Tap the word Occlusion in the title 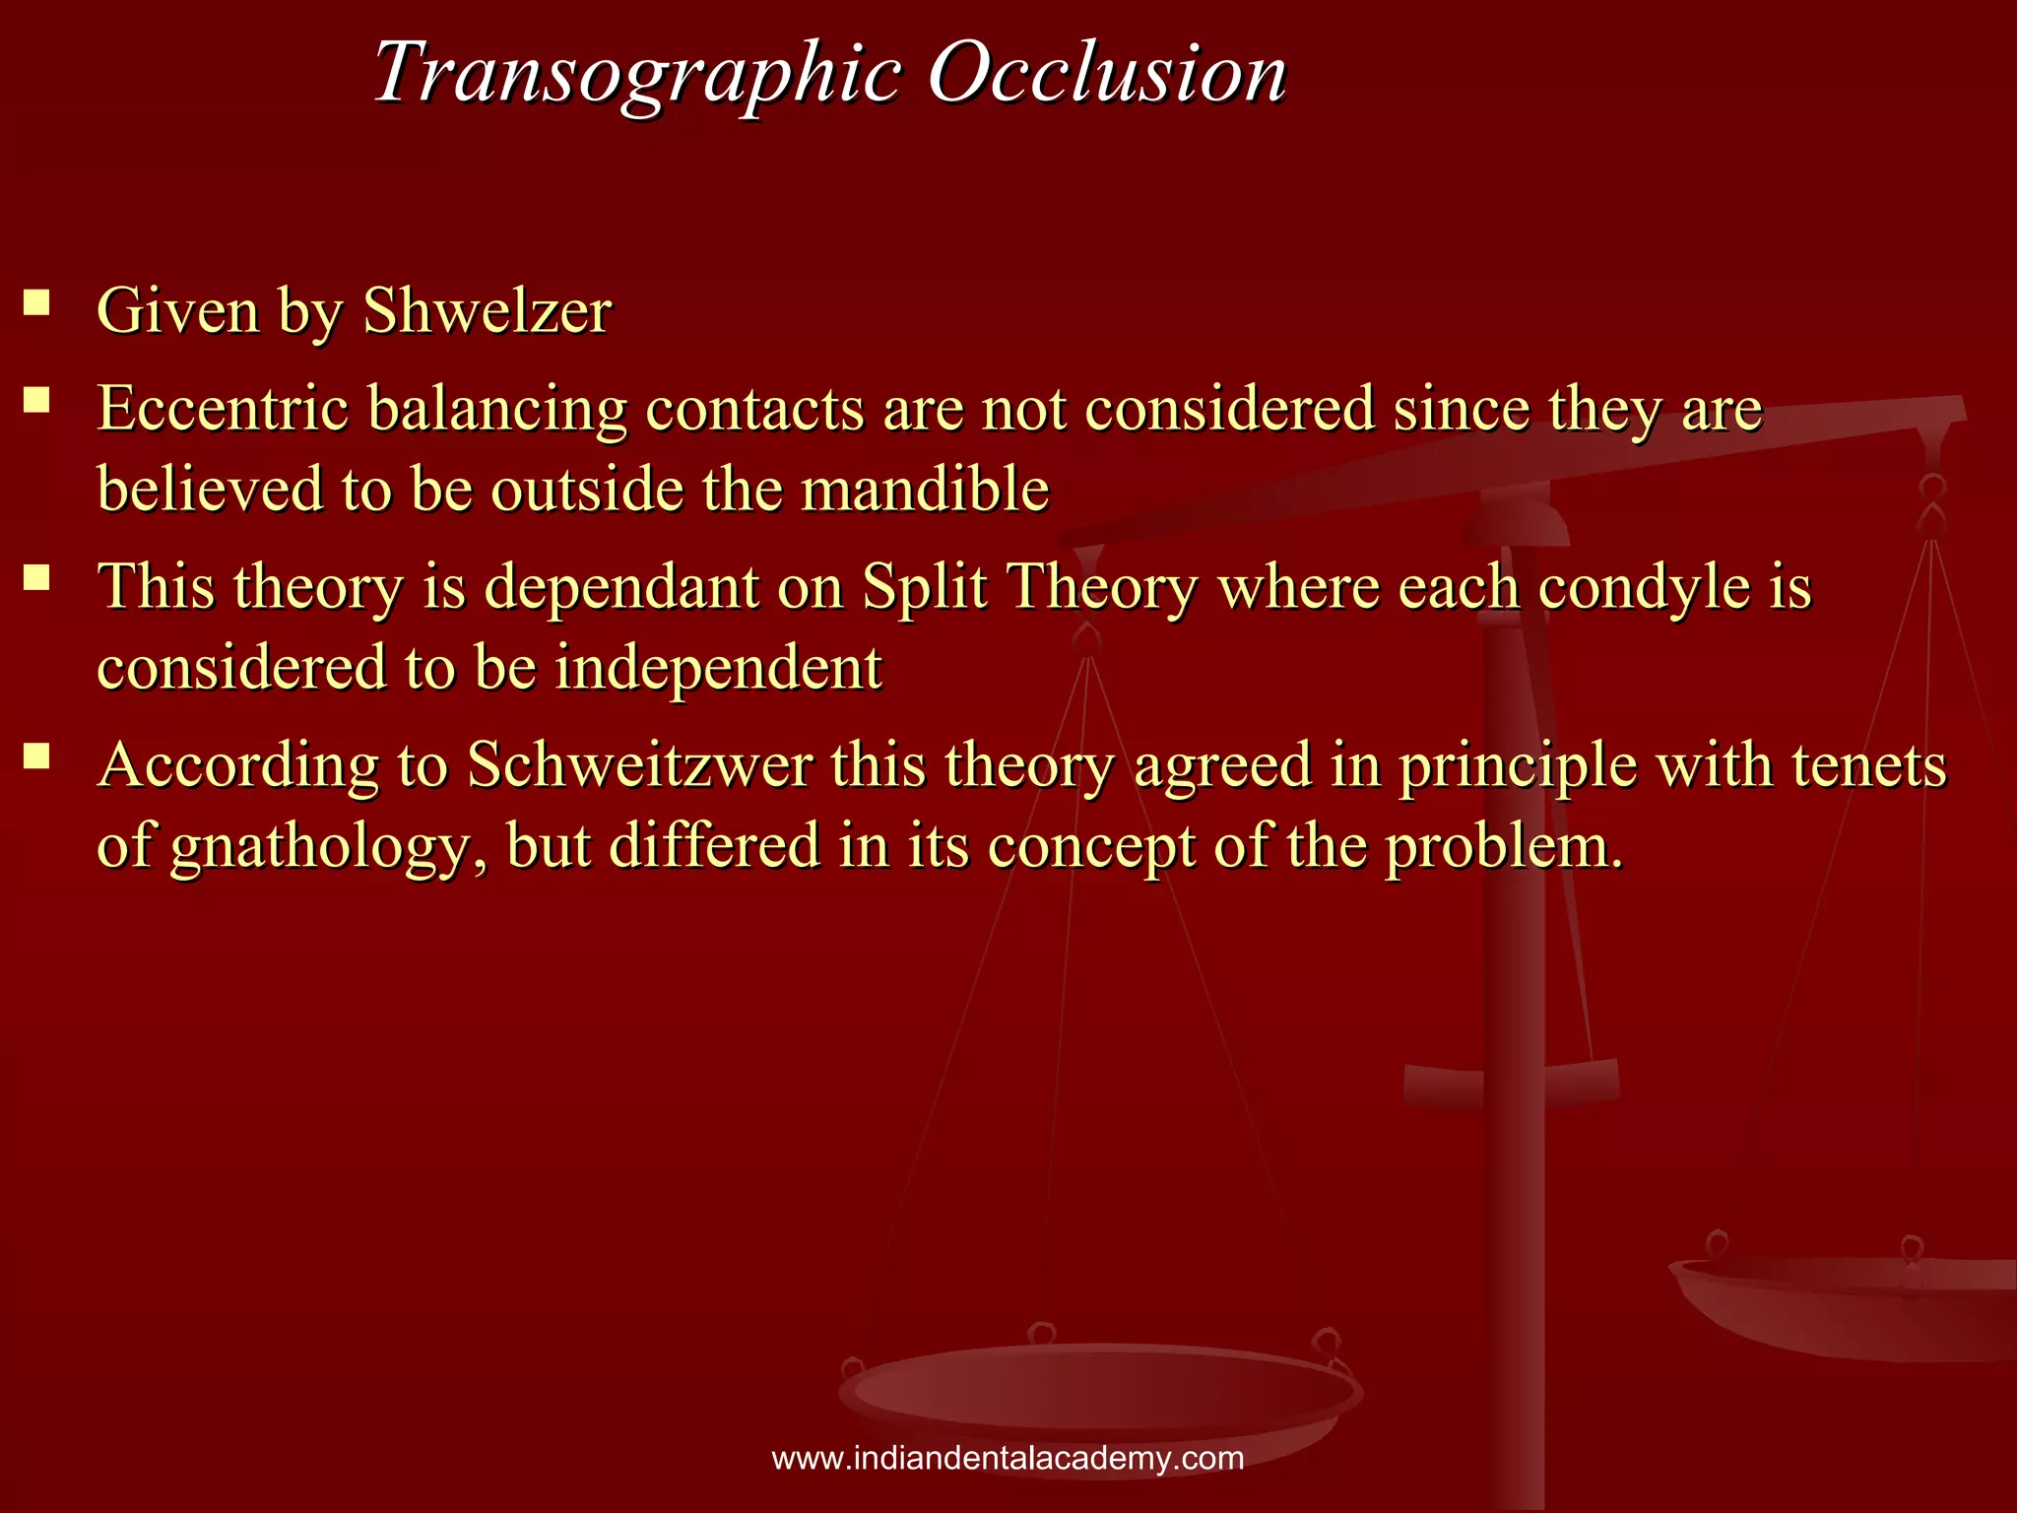click(x=1107, y=73)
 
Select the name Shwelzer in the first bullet click(x=488, y=311)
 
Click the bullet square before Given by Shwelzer click(x=37, y=301)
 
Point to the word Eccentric click(x=223, y=408)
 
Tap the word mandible click(x=925, y=489)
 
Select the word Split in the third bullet click(x=925, y=587)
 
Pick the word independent click(x=718, y=668)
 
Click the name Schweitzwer click(x=640, y=765)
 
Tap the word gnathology click(x=319, y=848)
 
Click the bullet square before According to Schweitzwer click(x=37, y=756)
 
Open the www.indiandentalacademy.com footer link click(x=1008, y=1458)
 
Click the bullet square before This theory click(x=37, y=577)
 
